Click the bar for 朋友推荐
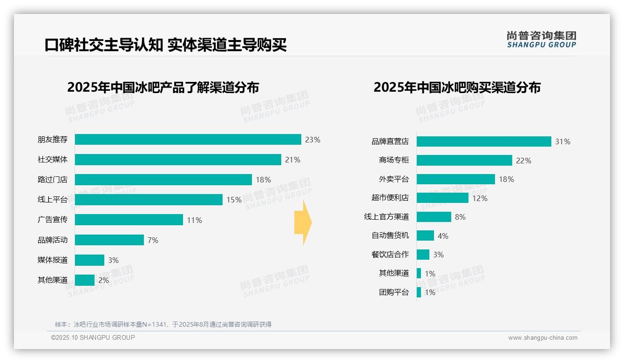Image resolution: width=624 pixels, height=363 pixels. pos(188,140)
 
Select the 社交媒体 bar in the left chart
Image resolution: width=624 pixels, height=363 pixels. pos(178,160)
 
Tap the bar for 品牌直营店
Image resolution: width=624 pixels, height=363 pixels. pos(484,141)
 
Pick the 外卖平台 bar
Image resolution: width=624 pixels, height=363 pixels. pos(455,179)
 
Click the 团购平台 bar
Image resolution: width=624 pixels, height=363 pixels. pos(419,292)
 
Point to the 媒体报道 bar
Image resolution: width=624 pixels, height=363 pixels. pos(89,260)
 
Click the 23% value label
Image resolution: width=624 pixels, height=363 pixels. pos(312,140)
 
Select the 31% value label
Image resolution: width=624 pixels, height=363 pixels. pos(563,141)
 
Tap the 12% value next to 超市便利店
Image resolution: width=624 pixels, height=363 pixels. pos(480,198)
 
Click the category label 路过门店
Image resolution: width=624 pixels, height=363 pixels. pos(53,180)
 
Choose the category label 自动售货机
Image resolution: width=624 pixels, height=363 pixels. pos(390,235)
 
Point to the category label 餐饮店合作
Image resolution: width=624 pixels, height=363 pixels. pos(390,255)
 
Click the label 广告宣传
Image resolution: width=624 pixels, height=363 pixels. pos(53,220)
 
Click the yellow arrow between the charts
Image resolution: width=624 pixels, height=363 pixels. pos(303,223)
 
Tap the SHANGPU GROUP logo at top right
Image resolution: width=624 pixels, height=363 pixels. pos(542,40)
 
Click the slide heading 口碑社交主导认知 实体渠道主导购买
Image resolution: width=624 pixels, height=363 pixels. pos(165,45)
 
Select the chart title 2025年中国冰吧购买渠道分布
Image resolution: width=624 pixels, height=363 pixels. pos(457,87)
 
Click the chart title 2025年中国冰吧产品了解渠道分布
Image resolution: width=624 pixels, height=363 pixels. pos(163,87)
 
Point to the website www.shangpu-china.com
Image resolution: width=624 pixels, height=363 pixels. pos(543,338)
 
